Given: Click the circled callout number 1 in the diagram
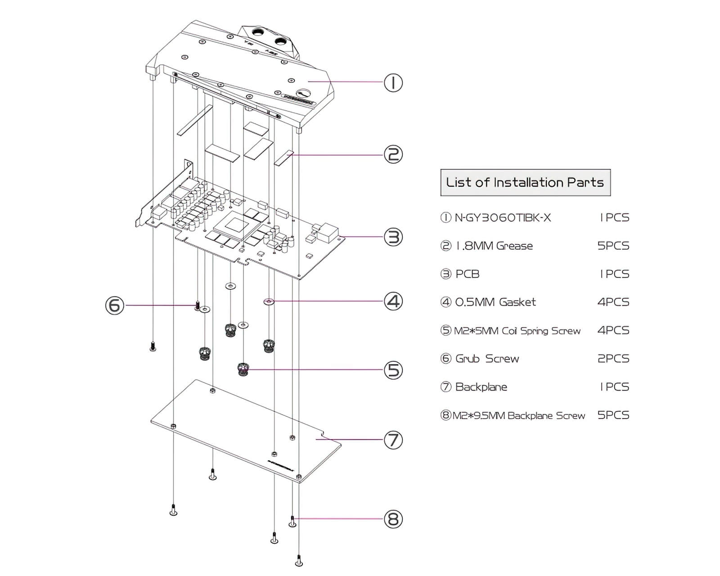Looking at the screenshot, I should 393,83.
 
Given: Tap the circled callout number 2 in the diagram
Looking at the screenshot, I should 393,155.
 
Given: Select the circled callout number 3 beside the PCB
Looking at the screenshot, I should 393,237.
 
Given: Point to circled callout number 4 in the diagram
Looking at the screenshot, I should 393,301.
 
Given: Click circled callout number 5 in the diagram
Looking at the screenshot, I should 393,370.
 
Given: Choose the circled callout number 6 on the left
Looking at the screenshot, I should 115,306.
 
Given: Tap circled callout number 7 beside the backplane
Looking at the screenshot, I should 393,440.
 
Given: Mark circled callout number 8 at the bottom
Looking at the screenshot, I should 393,519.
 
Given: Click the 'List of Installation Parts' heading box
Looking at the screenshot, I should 525,183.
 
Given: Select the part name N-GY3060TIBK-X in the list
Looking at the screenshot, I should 503,218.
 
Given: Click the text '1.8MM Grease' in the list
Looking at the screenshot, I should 494,246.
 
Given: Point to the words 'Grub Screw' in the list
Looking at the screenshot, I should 487,359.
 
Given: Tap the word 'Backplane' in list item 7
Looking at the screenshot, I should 481,387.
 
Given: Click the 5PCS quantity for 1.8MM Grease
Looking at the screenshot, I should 613,246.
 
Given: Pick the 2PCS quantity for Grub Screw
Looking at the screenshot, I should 613,359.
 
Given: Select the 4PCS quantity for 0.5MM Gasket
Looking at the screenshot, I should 613,302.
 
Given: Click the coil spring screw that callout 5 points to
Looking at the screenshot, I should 243,369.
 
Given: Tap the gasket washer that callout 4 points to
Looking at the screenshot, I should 269,301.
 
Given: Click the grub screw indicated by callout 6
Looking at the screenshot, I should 197,306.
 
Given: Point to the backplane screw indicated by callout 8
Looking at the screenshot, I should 292,521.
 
